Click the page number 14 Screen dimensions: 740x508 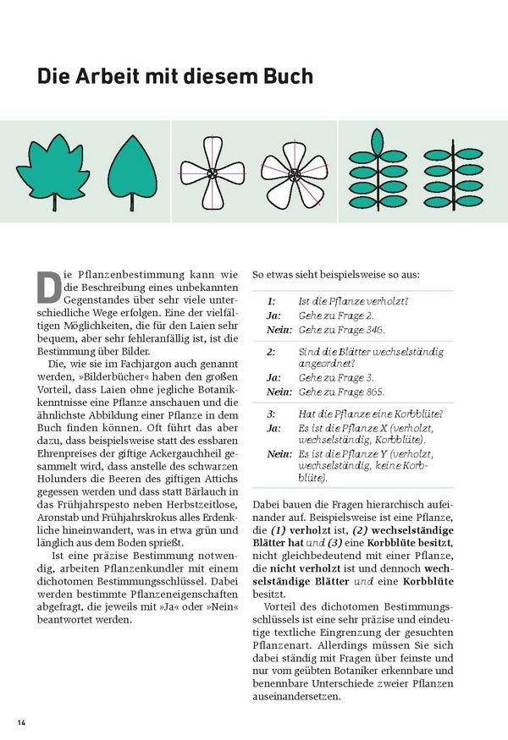pyautogui.click(x=22, y=721)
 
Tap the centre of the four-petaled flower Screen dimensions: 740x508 pyautogui.click(x=212, y=173)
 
